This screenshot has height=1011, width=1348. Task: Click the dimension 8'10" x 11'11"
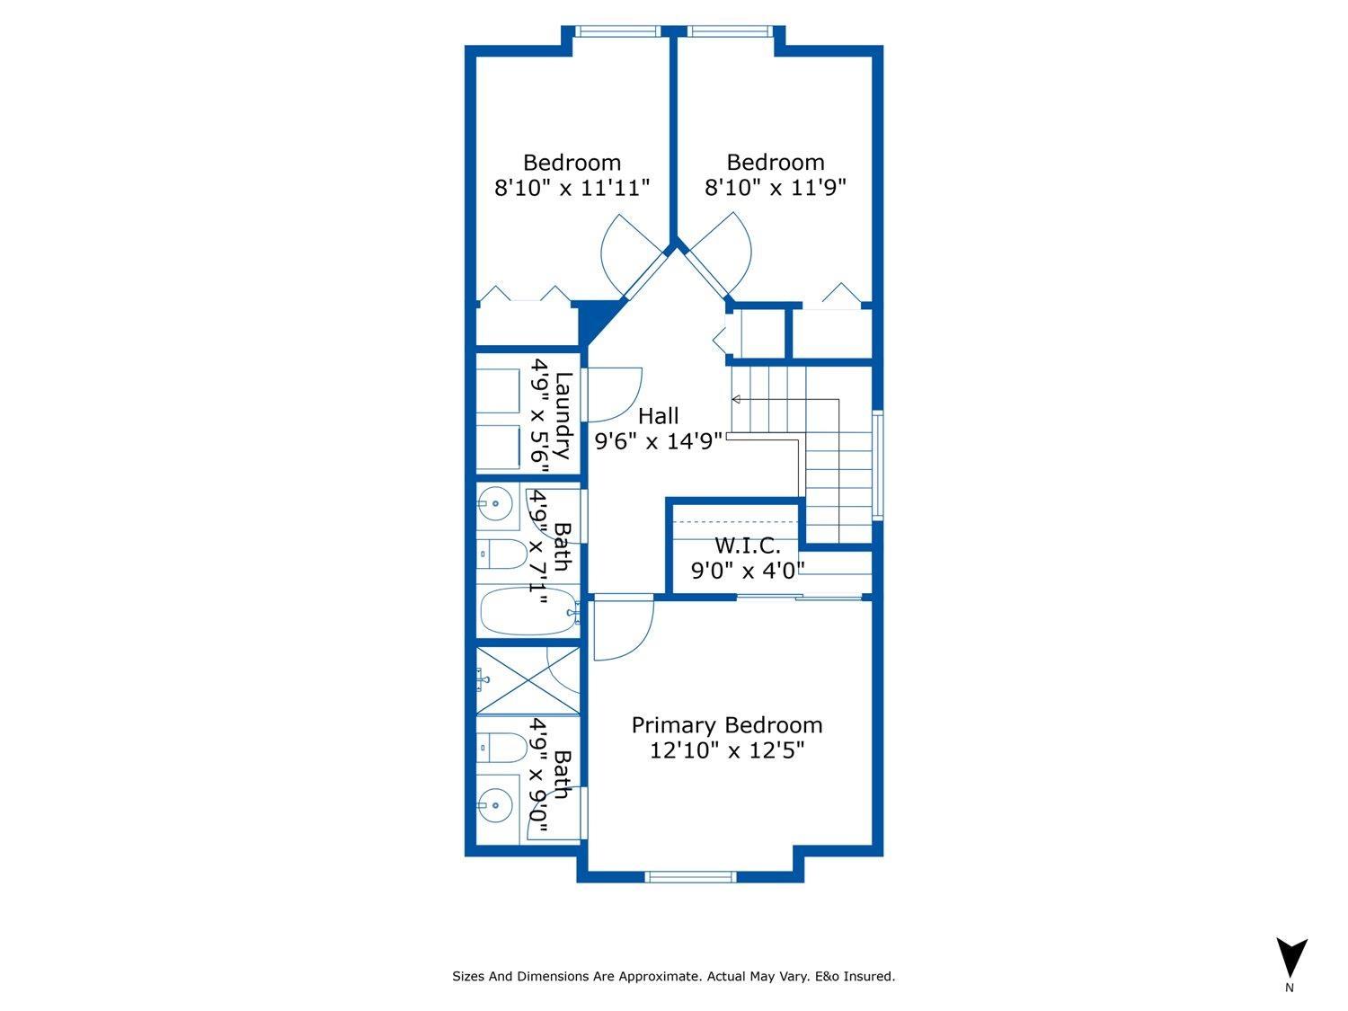coord(572,188)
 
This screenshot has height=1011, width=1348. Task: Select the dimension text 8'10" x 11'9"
coord(775,188)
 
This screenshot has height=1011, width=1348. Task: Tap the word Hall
coord(658,416)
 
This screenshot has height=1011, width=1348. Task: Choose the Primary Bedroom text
coord(726,725)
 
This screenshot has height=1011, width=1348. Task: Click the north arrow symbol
coord(1291,958)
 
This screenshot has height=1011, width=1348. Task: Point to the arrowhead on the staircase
coord(736,399)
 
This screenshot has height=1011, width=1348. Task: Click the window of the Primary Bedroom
coord(690,876)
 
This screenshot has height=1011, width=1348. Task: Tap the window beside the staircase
coord(877,465)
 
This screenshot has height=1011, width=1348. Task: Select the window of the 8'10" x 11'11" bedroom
coord(617,31)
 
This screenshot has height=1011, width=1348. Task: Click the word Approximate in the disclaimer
coord(660,976)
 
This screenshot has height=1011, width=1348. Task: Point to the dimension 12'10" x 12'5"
coord(726,750)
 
